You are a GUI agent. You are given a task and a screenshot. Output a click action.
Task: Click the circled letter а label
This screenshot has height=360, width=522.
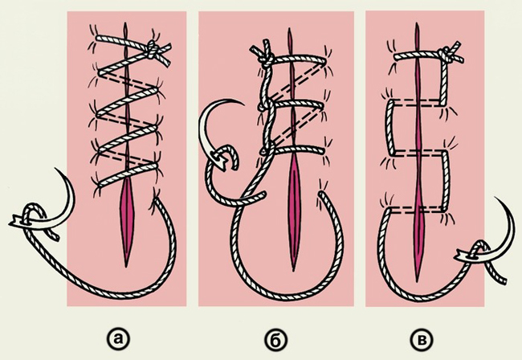coord(117,338)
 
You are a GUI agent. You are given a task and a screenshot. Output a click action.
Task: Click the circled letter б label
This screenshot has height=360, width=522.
coord(276,339)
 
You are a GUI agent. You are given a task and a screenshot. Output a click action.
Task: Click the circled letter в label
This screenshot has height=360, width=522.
coord(422,339)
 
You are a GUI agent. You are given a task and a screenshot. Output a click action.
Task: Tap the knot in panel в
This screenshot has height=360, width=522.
coord(446,55)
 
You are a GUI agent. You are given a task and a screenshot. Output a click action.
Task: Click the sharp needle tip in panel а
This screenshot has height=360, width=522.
coord(55,169)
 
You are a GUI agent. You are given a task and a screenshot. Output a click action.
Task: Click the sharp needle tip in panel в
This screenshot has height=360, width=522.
coord(495,198)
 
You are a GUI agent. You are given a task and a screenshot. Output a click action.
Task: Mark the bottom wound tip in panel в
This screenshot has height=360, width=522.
coord(417,280)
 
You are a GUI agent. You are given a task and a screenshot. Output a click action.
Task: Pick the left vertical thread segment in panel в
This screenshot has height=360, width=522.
coord(389,128)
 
